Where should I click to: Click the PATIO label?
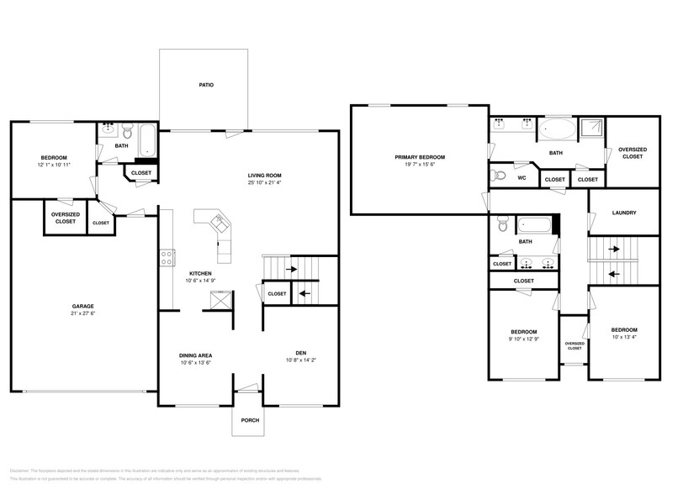point(205,85)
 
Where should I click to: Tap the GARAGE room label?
point(82,306)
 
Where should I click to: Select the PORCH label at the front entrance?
point(250,420)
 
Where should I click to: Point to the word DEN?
point(299,352)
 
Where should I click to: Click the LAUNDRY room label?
point(623,213)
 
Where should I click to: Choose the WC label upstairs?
point(522,178)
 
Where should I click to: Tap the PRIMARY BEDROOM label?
point(420,157)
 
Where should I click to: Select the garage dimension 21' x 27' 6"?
point(82,313)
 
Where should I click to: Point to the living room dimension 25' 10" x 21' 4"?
point(265,182)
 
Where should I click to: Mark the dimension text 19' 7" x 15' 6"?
point(420,166)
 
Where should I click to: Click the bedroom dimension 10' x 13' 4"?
point(623,338)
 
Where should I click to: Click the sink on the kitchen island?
point(220,223)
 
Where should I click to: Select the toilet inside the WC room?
point(500,176)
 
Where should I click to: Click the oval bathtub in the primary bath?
point(556,129)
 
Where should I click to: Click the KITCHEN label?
point(200,273)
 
